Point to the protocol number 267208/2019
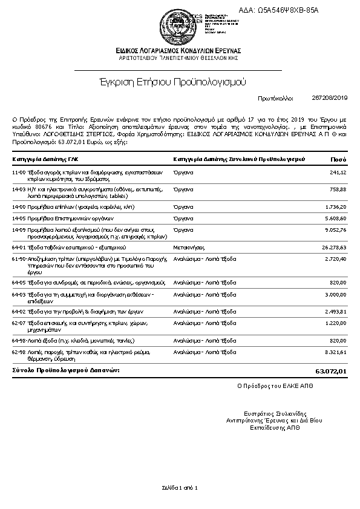tap(330, 97)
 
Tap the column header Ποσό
tap(339, 159)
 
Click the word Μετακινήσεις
tap(189, 248)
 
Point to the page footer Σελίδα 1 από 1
tap(180, 487)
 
